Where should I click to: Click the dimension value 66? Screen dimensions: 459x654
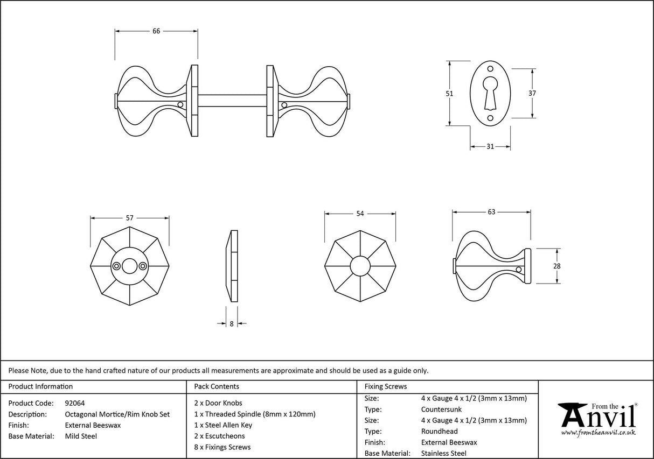coord(156,31)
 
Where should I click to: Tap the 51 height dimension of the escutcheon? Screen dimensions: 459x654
coord(450,94)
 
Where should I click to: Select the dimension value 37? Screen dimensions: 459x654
coord(532,93)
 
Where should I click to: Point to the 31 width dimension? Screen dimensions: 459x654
coord(490,146)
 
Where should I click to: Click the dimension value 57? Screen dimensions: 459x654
coord(129,218)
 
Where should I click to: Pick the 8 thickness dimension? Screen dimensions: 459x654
coord(232,323)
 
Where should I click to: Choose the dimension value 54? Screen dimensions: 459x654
coord(360,214)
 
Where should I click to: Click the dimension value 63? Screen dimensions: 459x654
coord(491,212)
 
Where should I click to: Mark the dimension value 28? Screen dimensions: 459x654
coord(557,266)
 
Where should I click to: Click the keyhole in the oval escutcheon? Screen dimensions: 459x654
coord(490,91)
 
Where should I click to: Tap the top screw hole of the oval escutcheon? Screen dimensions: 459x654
coord(490,69)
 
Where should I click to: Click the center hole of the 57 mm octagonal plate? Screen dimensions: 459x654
coord(129,266)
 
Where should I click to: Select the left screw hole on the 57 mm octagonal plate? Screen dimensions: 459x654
coord(116,266)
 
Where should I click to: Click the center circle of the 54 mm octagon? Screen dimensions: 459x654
coord(360,266)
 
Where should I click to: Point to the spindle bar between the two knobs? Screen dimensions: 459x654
coord(232,101)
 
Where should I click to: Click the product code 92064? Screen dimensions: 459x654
coord(74,403)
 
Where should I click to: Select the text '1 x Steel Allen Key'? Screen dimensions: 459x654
coord(222,425)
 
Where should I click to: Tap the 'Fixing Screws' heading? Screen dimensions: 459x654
coord(386,386)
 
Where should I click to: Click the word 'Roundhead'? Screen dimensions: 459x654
coord(439,431)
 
